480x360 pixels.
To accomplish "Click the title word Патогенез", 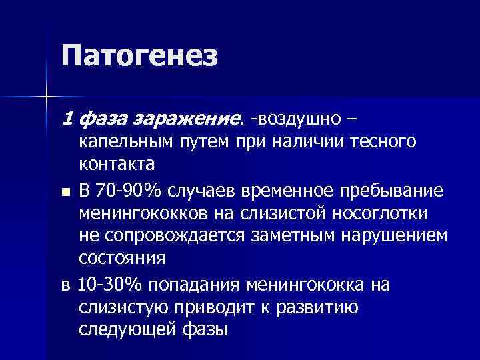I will pyautogui.click(x=139, y=56).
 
